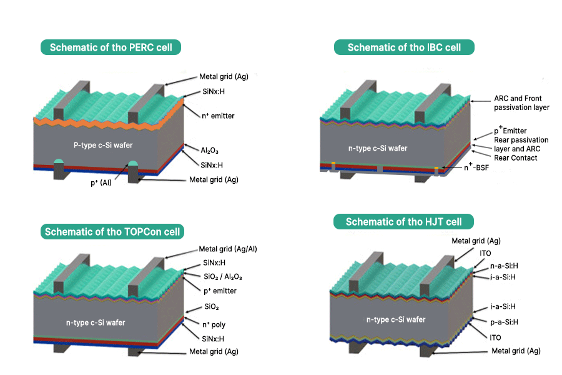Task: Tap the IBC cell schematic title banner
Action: click(x=404, y=47)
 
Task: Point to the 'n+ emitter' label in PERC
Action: click(x=219, y=116)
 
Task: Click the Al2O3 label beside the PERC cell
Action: click(x=209, y=151)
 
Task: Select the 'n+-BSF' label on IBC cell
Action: click(x=477, y=168)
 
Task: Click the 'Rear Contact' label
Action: click(x=498, y=158)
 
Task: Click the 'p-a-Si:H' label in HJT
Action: click(x=504, y=322)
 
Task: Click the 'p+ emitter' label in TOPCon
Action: click(x=219, y=291)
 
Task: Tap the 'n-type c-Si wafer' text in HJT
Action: click(x=396, y=319)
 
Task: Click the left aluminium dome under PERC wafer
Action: click(x=57, y=163)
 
